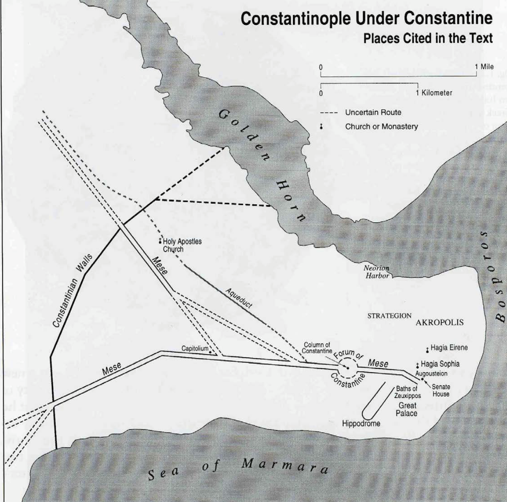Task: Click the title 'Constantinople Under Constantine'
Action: (366, 19)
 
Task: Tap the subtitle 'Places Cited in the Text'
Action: (428, 38)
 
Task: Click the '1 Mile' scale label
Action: (484, 67)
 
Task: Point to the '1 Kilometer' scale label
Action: (434, 93)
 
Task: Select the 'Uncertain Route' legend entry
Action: (373, 113)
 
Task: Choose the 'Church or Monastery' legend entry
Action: (381, 127)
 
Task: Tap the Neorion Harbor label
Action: (377, 272)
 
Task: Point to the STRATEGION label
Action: (389, 316)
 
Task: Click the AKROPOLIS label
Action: (439, 322)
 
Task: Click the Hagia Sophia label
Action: (440, 364)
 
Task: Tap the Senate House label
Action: (441, 390)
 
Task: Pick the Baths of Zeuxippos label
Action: (407, 392)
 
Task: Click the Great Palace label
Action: (407, 410)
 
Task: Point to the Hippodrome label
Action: (361, 423)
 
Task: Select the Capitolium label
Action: (195, 348)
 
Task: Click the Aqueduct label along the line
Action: (239, 298)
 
